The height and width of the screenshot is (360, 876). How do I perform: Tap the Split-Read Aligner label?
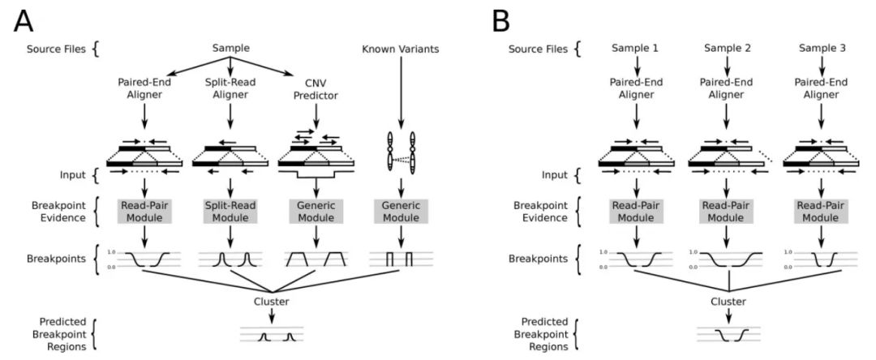pyautogui.click(x=232, y=88)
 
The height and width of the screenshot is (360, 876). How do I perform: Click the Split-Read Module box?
pyautogui.click(x=232, y=212)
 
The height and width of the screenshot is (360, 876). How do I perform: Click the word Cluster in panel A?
pyautogui.click(x=272, y=302)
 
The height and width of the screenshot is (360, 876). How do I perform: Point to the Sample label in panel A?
pyautogui.click(x=231, y=49)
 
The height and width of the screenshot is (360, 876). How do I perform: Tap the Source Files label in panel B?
pyautogui.click(x=536, y=49)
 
